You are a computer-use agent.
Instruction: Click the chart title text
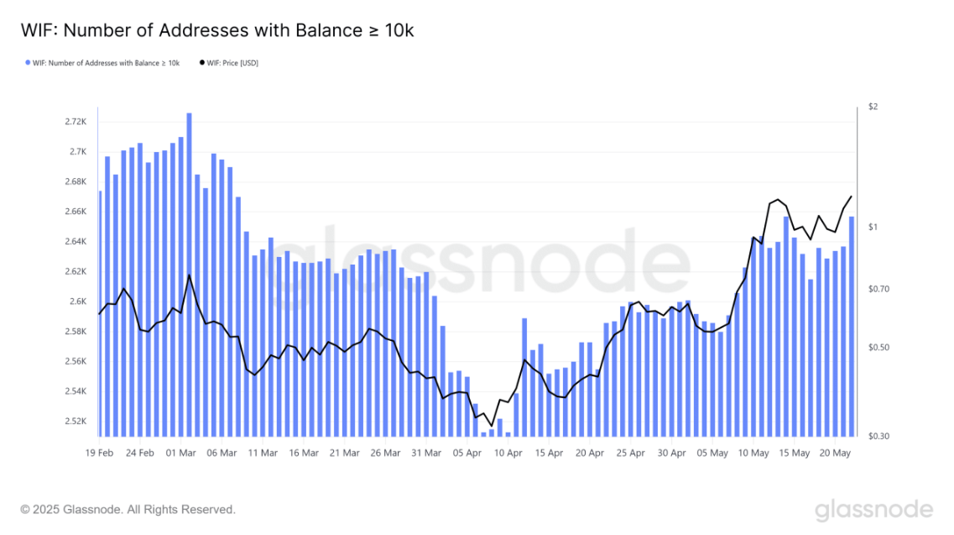pyautogui.click(x=217, y=30)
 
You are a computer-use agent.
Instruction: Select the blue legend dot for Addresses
pyautogui.click(x=28, y=63)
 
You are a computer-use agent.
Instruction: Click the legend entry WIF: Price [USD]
pyautogui.click(x=229, y=63)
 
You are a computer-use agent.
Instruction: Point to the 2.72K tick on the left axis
pyautogui.click(x=76, y=122)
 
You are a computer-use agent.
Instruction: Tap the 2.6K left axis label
pyautogui.click(x=79, y=302)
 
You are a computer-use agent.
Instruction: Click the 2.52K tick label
pyautogui.click(x=76, y=421)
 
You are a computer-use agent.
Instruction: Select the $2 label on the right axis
pyautogui.click(x=873, y=107)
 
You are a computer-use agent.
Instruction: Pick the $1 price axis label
pyautogui.click(x=873, y=228)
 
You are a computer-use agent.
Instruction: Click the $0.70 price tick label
pyautogui.click(x=878, y=289)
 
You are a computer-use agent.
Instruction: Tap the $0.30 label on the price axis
pyautogui.click(x=878, y=436)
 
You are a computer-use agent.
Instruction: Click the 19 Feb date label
pyautogui.click(x=99, y=454)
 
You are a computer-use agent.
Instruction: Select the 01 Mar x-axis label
pyautogui.click(x=180, y=454)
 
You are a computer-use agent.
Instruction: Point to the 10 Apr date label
pyautogui.click(x=508, y=454)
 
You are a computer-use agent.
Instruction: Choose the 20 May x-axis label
pyautogui.click(x=836, y=454)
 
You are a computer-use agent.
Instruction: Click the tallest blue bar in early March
pyautogui.click(x=190, y=275)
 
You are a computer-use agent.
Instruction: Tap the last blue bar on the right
pyautogui.click(x=852, y=327)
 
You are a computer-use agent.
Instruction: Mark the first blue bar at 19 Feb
pyautogui.click(x=100, y=314)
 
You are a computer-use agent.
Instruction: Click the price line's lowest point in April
pyautogui.click(x=492, y=426)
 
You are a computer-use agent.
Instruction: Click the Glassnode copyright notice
pyautogui.click(x=128, y=510)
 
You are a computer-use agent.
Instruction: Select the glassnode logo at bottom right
pyautogui.click(x=874, y=511)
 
